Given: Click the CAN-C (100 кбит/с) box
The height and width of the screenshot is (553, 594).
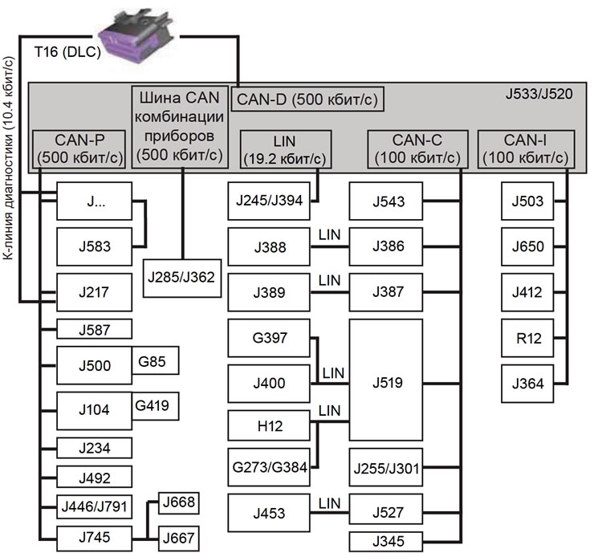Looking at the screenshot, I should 416,149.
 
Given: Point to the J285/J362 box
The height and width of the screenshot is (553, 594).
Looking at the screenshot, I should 181,278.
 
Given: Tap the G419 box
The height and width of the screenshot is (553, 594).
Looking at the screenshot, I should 157,405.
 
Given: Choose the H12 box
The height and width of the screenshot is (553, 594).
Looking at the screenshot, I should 268,426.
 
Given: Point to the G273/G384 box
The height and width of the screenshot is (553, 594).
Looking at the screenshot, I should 269,469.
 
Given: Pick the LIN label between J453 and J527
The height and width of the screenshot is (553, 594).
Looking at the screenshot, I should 329,502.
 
